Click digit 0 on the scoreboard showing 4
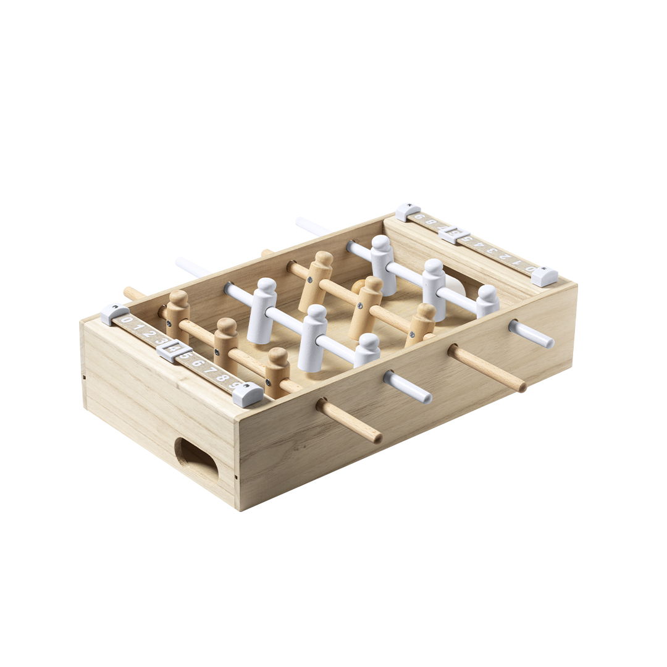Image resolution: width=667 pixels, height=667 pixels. (127, 320)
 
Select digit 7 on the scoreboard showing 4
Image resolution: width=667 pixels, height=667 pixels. (209, 371)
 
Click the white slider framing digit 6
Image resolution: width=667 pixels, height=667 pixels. (454, 235)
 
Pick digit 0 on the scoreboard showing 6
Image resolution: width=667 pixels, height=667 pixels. (530, 269)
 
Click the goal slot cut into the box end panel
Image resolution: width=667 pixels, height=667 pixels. (196, 461)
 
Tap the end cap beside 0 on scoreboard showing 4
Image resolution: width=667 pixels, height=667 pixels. (115, 314)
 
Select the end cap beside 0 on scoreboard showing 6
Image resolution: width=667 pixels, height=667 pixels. (545, 276)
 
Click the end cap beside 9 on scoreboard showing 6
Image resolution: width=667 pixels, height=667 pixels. (408, 212)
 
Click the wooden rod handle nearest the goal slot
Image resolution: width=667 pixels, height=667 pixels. (350, 422)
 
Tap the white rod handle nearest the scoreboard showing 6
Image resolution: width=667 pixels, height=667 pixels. (531, 334)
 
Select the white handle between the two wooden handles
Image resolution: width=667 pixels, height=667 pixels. (407, 387)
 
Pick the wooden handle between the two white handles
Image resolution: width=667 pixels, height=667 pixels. (487, 369)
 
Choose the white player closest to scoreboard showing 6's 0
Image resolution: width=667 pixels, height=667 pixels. (488, 301)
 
